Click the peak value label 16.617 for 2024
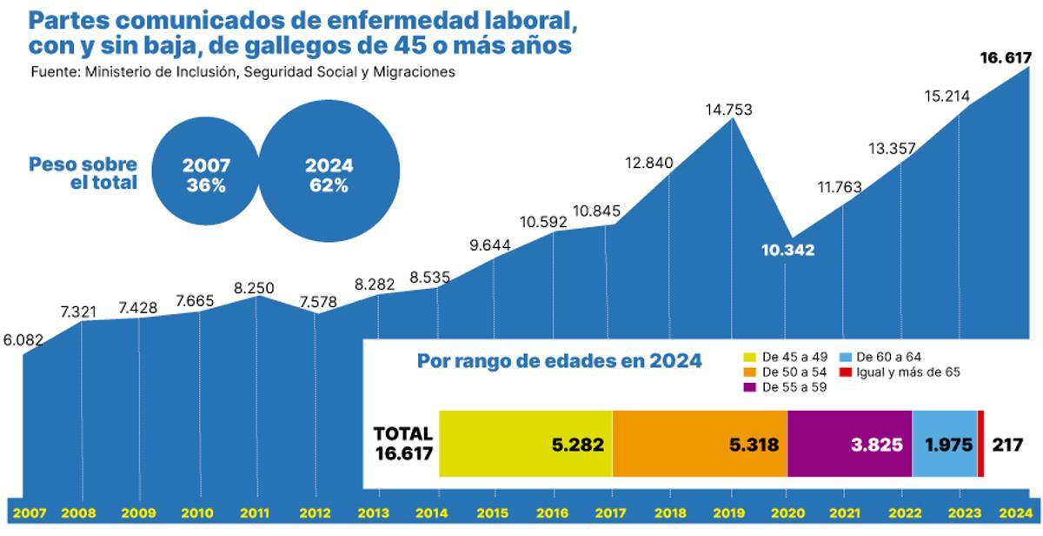pos(1005,58)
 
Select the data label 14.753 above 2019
pos(728,110)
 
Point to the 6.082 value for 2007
pos(23,341)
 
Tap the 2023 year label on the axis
pos(960,513)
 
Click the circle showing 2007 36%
pos(206,175)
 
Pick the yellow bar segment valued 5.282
pos(526,444)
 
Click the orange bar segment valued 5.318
pos(700,444)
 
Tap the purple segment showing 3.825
pos(849,444)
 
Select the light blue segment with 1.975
pos(945,444)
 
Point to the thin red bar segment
pos(980,444)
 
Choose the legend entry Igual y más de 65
pos(900,372)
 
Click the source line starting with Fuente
pos(242,72)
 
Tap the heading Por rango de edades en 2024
pos(559,361)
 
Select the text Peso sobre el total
pos(83,174)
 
